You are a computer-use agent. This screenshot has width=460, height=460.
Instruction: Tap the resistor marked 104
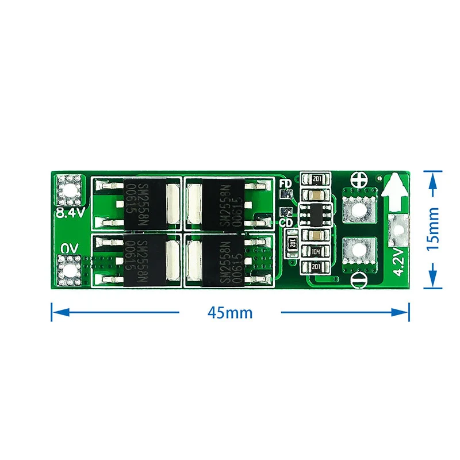316,252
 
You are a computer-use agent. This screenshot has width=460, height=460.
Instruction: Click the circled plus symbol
359,179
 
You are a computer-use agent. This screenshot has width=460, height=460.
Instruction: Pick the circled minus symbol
359,280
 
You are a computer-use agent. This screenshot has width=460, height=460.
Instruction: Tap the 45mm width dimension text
230,313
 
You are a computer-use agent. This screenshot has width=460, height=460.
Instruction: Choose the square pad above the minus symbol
359,251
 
